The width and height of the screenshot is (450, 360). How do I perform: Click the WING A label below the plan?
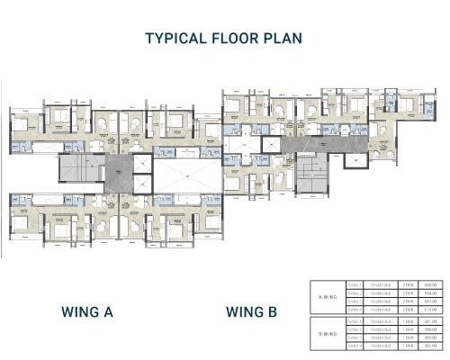tap(87, 312)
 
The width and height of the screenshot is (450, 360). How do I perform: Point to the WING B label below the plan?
tap(251, 312)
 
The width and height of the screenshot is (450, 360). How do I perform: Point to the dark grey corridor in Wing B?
tap(324, 142)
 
